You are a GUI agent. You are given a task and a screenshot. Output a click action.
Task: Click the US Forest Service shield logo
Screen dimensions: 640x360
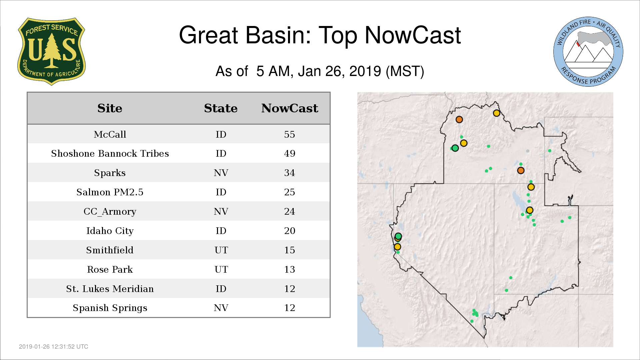coord(51,51)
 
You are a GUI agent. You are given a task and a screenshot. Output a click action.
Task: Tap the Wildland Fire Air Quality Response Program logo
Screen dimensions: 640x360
coord(588,52)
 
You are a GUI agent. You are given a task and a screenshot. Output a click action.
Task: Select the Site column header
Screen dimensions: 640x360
coord(110,108)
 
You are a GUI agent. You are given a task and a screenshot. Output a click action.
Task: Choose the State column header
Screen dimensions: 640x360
coord(221,108)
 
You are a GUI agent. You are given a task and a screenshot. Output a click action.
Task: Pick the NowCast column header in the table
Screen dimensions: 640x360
coord(290,108)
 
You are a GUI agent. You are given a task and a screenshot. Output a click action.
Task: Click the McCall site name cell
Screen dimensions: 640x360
coord(110,134)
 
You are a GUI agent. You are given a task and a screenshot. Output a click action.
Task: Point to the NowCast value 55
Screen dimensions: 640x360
coord(290,134)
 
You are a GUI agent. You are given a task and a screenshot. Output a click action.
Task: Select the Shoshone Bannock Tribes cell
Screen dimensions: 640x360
coord(110,153)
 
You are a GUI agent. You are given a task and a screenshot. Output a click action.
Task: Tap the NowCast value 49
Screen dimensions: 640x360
coord(290,153)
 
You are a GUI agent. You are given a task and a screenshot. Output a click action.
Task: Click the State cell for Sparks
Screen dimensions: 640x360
coord(221,173)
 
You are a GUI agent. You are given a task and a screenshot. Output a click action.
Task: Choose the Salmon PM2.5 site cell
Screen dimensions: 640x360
coord(110,192)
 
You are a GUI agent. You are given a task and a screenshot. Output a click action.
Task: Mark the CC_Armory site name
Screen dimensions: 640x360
coord(110,212)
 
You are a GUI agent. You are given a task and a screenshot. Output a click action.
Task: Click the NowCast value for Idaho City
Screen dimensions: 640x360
coord(290,231)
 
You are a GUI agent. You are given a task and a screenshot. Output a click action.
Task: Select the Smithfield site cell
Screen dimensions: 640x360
coord(110,250)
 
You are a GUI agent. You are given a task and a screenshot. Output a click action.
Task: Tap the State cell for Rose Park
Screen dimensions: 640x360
coord(221,269)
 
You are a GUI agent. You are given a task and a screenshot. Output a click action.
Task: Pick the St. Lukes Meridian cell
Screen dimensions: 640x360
coord(110,289)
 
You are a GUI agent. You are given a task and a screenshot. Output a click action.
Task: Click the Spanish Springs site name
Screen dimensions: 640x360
coord(110,308)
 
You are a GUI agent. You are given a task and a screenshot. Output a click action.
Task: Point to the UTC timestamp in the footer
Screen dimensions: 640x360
coord(54,347)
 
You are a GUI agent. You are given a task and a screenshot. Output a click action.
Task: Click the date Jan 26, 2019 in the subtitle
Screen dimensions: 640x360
coord(340,71)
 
